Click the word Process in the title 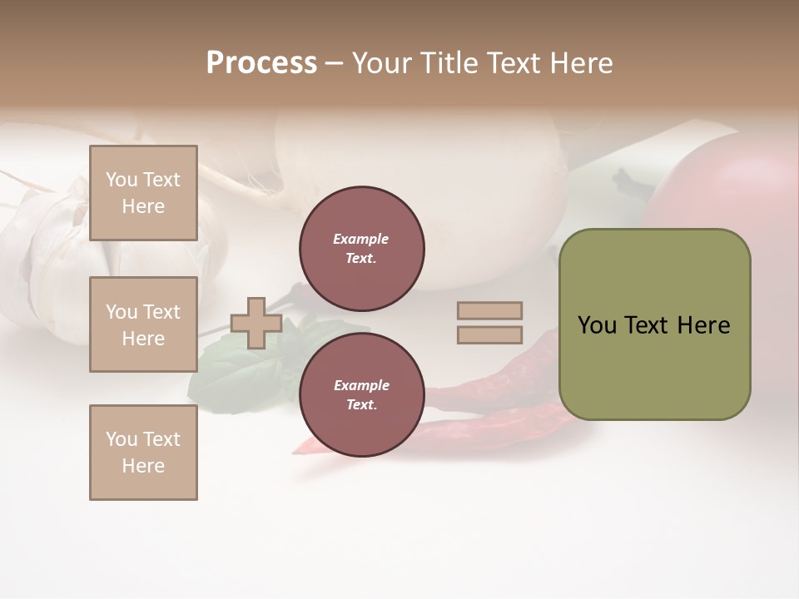(261, 63)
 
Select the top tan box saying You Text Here (143, 193)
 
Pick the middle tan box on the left (143, 324)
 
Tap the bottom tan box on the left (143, 452)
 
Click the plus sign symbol (256, 323)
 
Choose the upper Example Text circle (361, 249)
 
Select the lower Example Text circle (361, 395)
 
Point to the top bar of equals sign (489, 310)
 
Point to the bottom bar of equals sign (489, 334)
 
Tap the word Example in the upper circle (361, 239)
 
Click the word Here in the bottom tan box (143, 466)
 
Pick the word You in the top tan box (122, 180)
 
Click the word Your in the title (383, 63)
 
